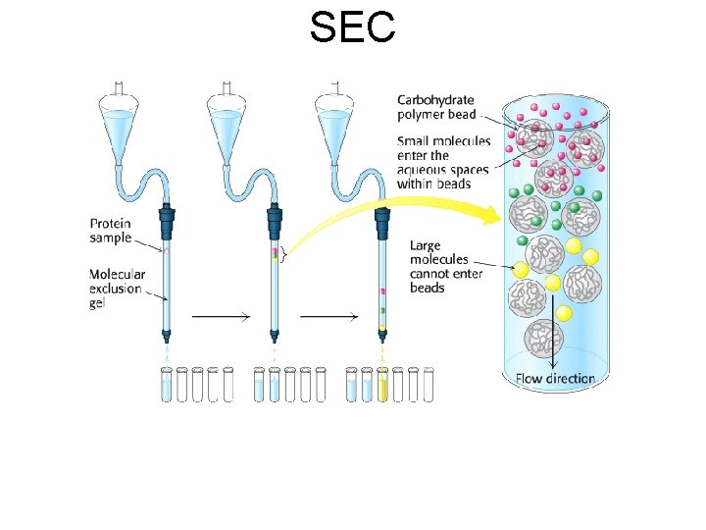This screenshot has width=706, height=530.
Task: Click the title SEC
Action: (352, 26)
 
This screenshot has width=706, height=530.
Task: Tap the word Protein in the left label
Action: (112, 224)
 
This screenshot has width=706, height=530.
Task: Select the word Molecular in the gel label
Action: (118, 275)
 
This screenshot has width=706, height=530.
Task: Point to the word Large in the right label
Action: (426, 245)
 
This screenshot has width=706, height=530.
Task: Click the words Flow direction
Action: (555, 378)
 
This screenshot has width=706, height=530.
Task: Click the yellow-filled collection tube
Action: (382, 386)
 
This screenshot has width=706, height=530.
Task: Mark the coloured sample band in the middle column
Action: (275, 254)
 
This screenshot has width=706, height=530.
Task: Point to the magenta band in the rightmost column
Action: (382, 292)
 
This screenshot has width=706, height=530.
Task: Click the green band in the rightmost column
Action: (382, 310)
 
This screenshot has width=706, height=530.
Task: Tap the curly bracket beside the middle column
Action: (283, 254)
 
